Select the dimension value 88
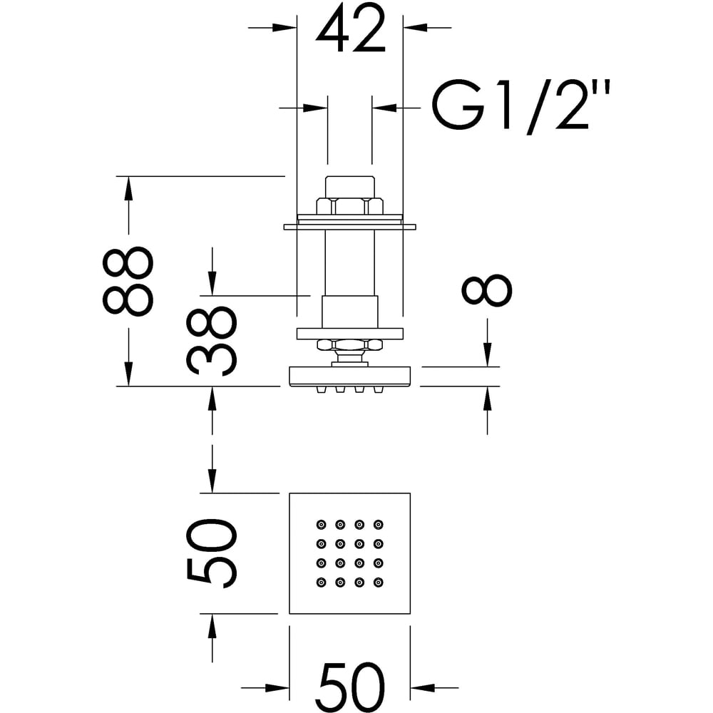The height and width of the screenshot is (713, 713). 128,281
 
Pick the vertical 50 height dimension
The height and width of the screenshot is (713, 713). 211,553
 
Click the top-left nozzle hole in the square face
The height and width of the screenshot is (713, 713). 321,525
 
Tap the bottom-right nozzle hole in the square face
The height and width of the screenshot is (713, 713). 378,582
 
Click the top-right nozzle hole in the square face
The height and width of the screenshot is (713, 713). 378,525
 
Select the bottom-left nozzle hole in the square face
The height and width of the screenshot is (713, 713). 321,582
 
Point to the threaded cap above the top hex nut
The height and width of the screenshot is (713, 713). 349,187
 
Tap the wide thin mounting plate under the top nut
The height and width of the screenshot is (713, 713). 349,227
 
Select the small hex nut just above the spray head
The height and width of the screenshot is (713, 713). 349,346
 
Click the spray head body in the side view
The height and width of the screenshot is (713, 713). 349,376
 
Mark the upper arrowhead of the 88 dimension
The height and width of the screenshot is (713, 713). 128,187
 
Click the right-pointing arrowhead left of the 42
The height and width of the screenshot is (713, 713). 284,28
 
